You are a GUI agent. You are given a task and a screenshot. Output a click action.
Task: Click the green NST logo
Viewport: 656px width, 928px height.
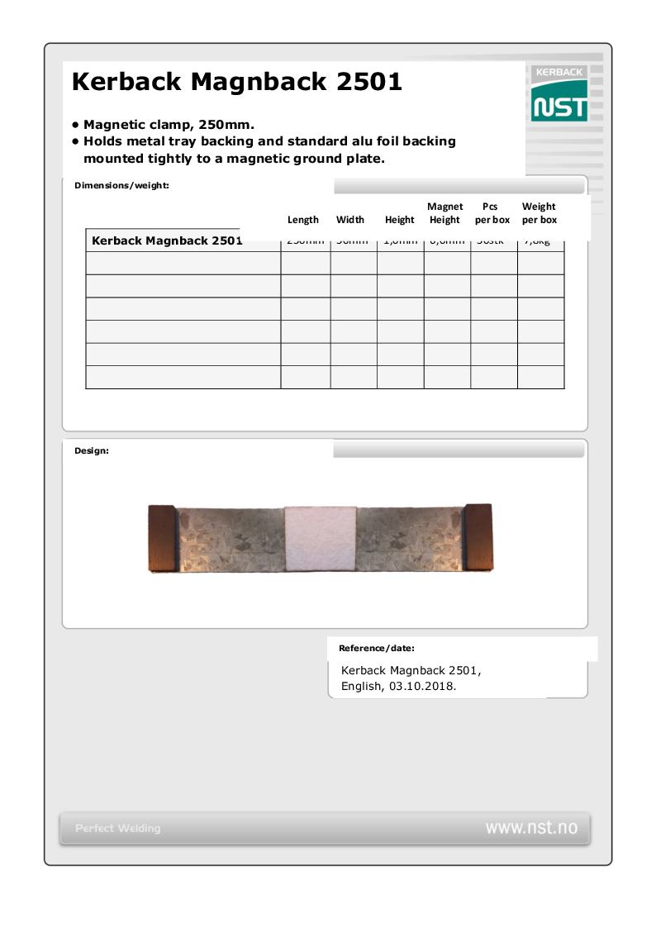click(559, 107)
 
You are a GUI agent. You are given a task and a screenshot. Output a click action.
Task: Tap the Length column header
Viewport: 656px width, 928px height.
click(302, 220)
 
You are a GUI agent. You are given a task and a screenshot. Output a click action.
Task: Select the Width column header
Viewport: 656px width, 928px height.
click(350, 220)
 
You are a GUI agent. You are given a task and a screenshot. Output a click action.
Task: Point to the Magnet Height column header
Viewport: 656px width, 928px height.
click(444, 213)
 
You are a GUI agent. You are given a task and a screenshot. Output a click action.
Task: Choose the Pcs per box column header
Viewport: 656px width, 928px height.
click(492, 213)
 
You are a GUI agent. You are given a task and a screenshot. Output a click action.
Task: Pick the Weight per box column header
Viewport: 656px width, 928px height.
click(539, 213)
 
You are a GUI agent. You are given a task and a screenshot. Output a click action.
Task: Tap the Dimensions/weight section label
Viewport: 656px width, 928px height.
click(121, 185)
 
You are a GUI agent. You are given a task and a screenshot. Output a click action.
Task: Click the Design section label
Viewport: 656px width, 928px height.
click(92, 450)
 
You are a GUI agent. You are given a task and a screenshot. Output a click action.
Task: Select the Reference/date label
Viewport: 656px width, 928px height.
click(376, 648)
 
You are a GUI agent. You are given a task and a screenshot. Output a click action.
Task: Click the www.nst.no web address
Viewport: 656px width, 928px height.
click(531, 827)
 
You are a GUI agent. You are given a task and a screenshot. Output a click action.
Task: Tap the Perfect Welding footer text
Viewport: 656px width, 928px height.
click(118, 828)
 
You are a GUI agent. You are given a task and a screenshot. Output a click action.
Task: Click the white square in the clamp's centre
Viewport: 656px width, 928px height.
click(321, 538)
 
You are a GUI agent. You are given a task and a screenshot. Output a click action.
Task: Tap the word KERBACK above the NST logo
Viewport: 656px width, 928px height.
click(559, 73)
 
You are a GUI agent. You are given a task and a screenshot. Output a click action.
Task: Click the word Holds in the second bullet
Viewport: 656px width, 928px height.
click(102, 141)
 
